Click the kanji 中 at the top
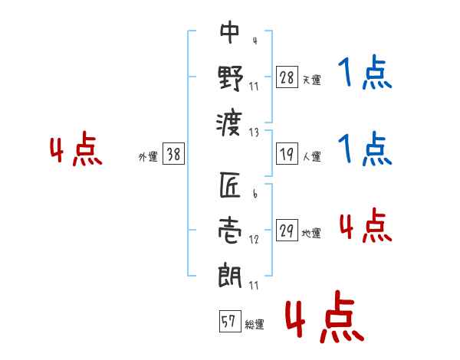pos(230,32)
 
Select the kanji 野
pos(230,78)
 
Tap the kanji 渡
pos(229,123)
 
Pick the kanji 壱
pos(230,231)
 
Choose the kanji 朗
pos(230,276)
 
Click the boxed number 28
pos(287,77)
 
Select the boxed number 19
pos(287,154)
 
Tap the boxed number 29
pos(287,230)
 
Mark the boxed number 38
pos(173,154)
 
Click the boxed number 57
pos(230,321)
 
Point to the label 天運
pos(311,80)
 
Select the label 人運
pos(311,156)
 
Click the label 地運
pos(311,234)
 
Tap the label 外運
pos(148,157)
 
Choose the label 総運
pos(255,325)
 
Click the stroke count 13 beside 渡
pos(254,133)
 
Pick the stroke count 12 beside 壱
pos(254,240)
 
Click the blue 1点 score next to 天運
pos(365,72)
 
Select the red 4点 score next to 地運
pos(366,225)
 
